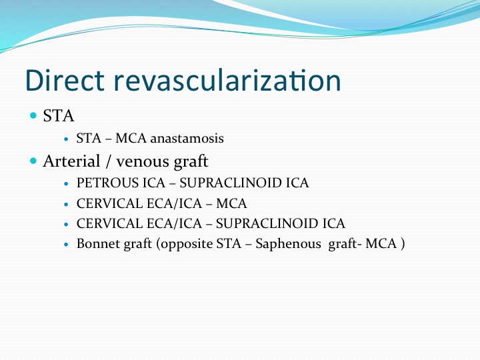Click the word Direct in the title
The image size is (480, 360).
point(65,80)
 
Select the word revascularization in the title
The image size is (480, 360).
point(227,80)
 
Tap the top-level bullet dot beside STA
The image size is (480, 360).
point(33,115)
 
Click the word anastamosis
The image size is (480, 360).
point(187,139)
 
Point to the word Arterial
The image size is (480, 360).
point(71,161)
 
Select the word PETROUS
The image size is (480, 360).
point(106,183)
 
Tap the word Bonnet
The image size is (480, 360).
point(98,244)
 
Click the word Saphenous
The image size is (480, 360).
point(288,244)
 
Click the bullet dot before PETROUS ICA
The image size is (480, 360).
point(66,184)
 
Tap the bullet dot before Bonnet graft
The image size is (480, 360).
point(66,245)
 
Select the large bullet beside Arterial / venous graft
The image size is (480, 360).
point(33,161)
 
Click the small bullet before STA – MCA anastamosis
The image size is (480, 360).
point(66,139)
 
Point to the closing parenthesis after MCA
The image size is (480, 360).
point(403,244)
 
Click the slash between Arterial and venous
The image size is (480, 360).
point(108,161)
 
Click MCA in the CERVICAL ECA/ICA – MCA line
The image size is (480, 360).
point(231,203)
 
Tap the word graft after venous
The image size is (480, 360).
point(191,161)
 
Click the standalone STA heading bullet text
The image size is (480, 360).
point(58,116)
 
